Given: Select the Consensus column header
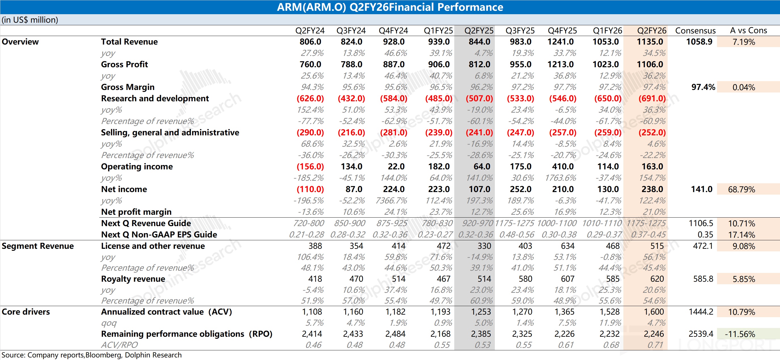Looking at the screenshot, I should coord(695,31).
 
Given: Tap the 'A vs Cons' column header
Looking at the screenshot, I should coord(748,31).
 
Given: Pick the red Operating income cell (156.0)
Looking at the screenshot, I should coord(310,167).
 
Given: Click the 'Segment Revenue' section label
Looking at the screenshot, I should coord(37,246).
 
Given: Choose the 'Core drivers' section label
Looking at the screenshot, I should coord(26,311).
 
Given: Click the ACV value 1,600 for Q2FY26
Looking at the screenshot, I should coord(654,311).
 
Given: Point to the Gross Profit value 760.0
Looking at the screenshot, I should coord(310,64).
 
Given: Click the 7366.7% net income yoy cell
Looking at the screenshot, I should coord(391,201).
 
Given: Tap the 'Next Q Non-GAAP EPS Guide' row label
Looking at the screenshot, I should coord(159,235).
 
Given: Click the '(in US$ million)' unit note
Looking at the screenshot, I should coord(30,20).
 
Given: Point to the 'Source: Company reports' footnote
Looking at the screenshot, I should coord(91,355).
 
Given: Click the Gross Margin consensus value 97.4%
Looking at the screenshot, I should coord(703,87).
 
